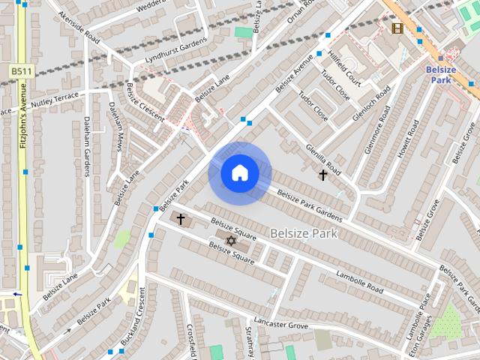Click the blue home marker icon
point(239,173)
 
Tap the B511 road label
point(21,70)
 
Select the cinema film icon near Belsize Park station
point(397,28)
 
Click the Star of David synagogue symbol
point(231,241)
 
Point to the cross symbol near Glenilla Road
point(323,175)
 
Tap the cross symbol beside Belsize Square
point(180,218)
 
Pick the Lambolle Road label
point(359,280)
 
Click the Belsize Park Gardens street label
point(310,205)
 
